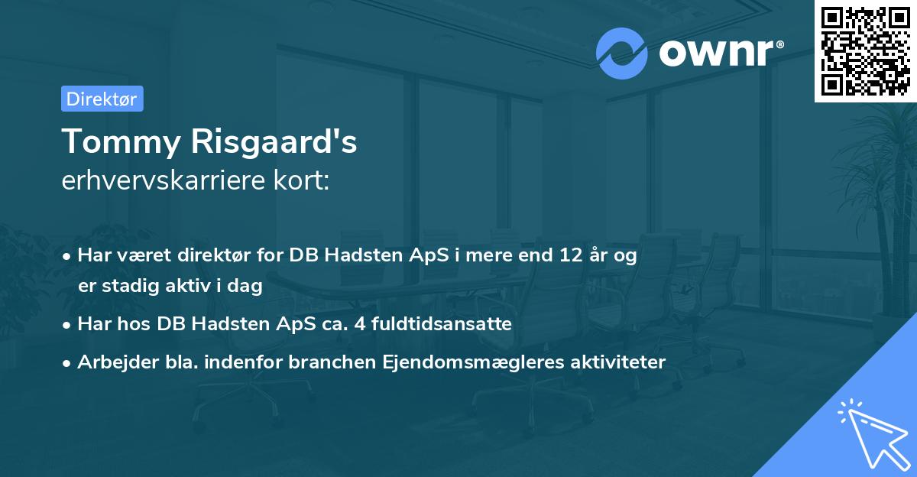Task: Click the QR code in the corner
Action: tap(866, 50)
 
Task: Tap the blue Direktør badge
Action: tap(102, 99)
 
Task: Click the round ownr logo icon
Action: tap(622, 53)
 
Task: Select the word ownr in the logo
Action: tap(720, 53)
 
